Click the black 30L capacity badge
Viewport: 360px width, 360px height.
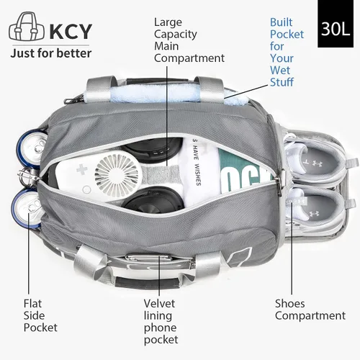pyautogui.click(x=336, y=24)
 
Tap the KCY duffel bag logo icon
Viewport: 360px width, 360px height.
pyautogui.click(x=27, y=27)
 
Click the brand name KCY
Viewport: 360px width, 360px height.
pyautogui.click(x=71, y=31)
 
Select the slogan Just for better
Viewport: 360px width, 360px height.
pyautogui.click(x=51, y=53)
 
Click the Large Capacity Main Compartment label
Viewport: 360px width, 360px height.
pyautogui.click(x=189, y=40)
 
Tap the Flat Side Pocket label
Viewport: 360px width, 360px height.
pyautogui.click(x=40, y=315)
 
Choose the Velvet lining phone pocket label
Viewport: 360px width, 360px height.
pyautogui.click(x=161, y=321)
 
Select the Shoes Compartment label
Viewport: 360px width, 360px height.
pyautogui.click(x=310, y=310)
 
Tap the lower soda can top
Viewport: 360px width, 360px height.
pyautogui.click(x=27, y=208)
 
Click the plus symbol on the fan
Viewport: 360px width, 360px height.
pyautogui.click(x=82, y=170)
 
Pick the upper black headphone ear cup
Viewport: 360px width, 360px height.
pyautogui.click(x=153, y=148)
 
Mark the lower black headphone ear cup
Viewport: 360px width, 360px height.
pyautogui.click(x=153, y=200)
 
